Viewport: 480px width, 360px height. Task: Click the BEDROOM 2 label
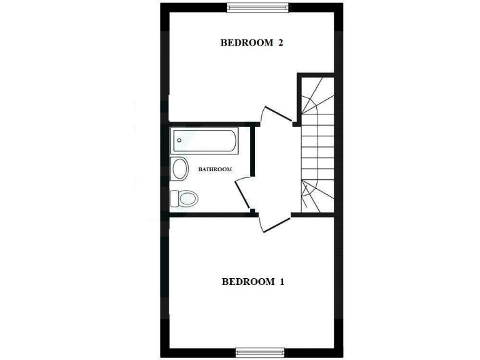pyautogui.click(x=252, y=43)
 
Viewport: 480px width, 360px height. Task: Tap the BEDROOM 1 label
pyautogui.click(x=253, y=282)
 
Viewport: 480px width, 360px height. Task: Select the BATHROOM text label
pyautogui.click(x=215, y=169)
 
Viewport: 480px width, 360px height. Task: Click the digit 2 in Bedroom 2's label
pyautogui.click(x=281, y=43)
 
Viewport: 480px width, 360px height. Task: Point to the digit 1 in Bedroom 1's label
pyautogui.click(x=282, y=282)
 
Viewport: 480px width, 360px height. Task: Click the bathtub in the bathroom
pyautogui.click(x=204, y=141)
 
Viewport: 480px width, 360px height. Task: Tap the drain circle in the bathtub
pyautogui.click(x=179, y=141)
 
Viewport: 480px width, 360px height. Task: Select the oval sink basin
pyautogui.click(x=180, y=169)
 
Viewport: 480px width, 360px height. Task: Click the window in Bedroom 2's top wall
pyautogui.click(x=258, y=7)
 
